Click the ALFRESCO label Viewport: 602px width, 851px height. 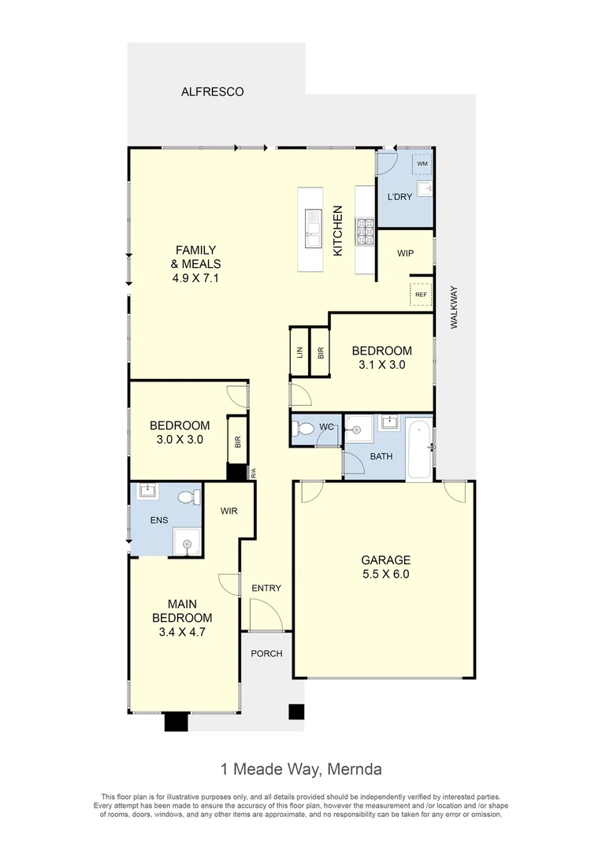(x=213, y=91)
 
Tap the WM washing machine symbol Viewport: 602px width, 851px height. (x=422, y=163)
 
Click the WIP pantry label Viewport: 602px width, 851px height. (x=405, y=253)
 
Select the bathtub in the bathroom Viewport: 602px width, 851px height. (x=419, y=452)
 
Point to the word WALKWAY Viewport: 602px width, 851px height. (x=453, y=307)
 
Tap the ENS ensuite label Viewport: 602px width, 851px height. (x=158, y=520)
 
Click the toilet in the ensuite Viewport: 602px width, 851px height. (x=188, y=498)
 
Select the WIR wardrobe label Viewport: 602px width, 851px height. (x=229, y=511)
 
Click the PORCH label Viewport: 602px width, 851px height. (x=266, y=654)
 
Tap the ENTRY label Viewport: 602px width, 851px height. (x=266, y=588)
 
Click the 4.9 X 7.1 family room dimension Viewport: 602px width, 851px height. (x=196, y=278)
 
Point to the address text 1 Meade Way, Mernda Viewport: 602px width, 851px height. (x=300, y=768)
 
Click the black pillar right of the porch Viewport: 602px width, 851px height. (x=296, y=712)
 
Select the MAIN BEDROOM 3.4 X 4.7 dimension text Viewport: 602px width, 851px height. (x=182, y=631)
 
